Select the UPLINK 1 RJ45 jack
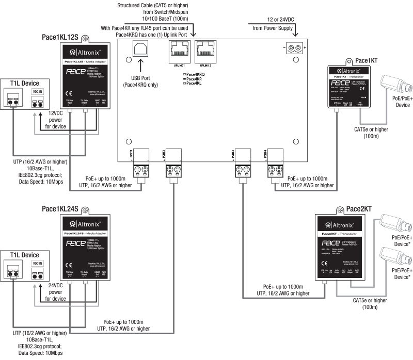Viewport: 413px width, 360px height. coord(177,52)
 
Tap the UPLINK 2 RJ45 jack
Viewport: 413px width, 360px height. coord(205,52)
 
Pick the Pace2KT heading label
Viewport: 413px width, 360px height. coord(360,208)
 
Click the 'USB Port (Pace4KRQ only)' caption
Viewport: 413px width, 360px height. coord(141,81)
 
